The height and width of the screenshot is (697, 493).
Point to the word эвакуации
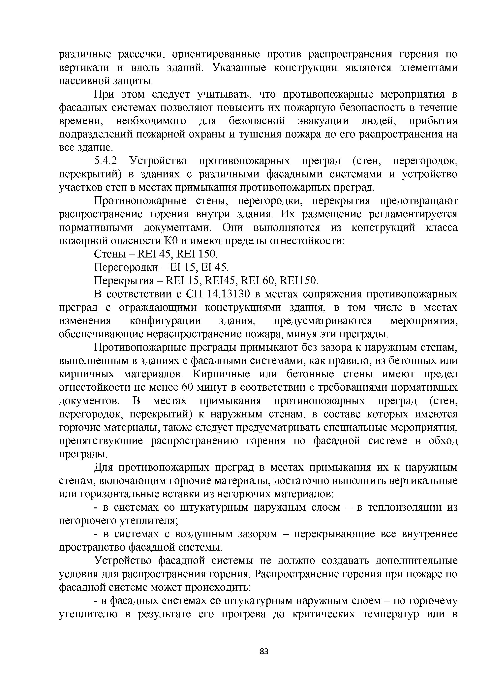tap(323, 121)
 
